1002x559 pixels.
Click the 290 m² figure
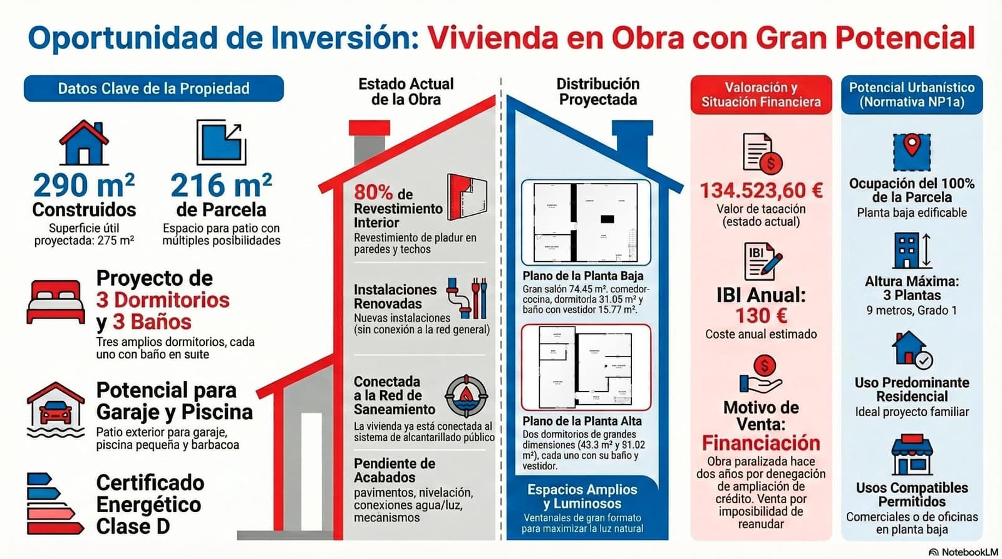point(83,185)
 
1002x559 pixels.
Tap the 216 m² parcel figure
point(221,185)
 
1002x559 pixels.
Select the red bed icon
point(56,302)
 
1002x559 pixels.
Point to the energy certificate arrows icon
point(54,503)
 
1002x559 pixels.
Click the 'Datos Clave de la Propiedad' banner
point(153,89)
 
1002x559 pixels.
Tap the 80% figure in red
point(373,192)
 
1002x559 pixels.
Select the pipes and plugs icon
point(467,298)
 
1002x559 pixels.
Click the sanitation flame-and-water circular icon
point(466,396)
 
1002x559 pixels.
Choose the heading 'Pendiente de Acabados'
point(394,470)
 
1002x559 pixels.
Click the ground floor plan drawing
point(586,222)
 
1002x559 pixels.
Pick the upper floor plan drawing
point(586,367)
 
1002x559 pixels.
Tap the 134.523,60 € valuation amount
point(761,190)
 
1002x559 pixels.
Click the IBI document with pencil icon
point(762,261)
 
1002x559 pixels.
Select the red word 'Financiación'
point(761,443)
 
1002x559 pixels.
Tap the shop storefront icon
point(912,454)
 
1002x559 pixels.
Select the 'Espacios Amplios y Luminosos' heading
point(582,496)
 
